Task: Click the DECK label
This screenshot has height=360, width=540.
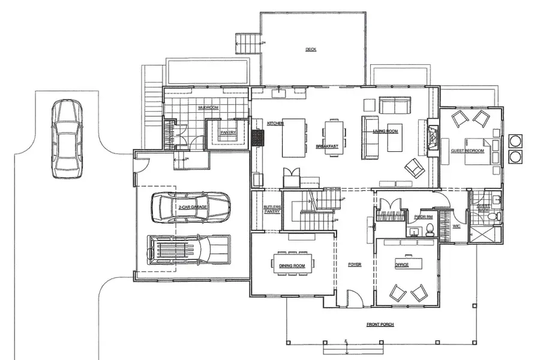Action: point(310,49)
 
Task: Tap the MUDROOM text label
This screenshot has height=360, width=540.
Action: point(208,108)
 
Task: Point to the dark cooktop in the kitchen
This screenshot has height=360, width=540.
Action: point(258,138)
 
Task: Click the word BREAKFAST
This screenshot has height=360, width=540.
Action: point(328,146)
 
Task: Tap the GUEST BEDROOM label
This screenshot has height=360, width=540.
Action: point(468,151)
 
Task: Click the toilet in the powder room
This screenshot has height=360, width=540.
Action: point(430,228)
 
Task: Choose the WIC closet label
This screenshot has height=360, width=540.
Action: point(457,226)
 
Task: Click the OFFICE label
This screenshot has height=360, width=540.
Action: point(401,265)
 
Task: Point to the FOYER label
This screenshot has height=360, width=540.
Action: point(355,264)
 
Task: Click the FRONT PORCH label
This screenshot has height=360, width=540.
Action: point(380,325)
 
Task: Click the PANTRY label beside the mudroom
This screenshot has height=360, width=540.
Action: point(229,133)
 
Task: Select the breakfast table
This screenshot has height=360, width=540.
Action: point(333,138)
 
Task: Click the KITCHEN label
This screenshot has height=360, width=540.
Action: point(275,123)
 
